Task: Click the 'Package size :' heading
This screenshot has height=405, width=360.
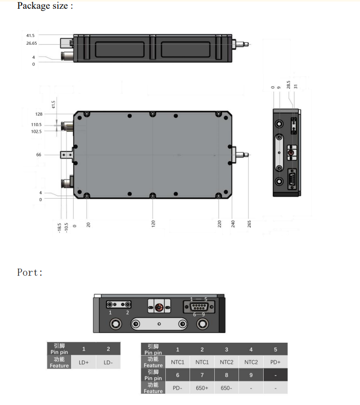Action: [x=45, y=6]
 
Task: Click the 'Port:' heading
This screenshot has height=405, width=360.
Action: [x=30, y=272]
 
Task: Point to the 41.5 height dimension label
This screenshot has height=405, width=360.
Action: [x=30, y=36]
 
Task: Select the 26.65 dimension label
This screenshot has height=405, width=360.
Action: [x=30, y=44]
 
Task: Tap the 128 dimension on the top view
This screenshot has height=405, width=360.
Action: [x=38, y=114]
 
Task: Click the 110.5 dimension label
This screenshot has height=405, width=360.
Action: [x=37, y=125]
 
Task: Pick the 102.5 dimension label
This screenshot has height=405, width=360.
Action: [x=37, y=131]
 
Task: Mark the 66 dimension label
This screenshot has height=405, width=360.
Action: [x=39, y=154]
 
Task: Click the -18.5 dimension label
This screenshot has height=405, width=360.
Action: [x=59, y=227]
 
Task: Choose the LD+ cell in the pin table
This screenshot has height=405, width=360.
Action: [x=83, y=362]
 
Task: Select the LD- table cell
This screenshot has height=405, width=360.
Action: [x=108, y=362]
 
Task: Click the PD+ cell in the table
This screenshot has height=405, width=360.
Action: [x=275, y=362]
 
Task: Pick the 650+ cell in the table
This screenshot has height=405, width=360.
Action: [x=202, y=388]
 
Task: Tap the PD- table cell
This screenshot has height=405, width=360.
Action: [x=177, y=388]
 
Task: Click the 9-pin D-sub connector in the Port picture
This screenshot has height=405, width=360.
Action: [x=199, y=307]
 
